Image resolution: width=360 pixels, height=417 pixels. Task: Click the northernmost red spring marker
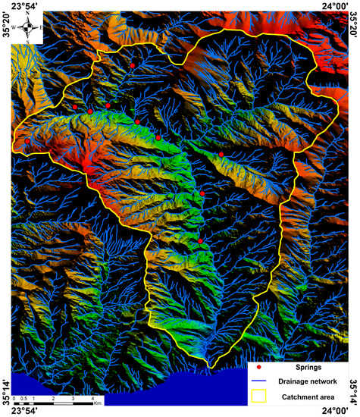tap(132, 66)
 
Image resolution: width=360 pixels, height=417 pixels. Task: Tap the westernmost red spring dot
tap(28, 141)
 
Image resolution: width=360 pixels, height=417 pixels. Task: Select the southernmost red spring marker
tap(200, 241)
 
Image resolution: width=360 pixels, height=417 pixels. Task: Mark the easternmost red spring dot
tap(221, 155)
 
